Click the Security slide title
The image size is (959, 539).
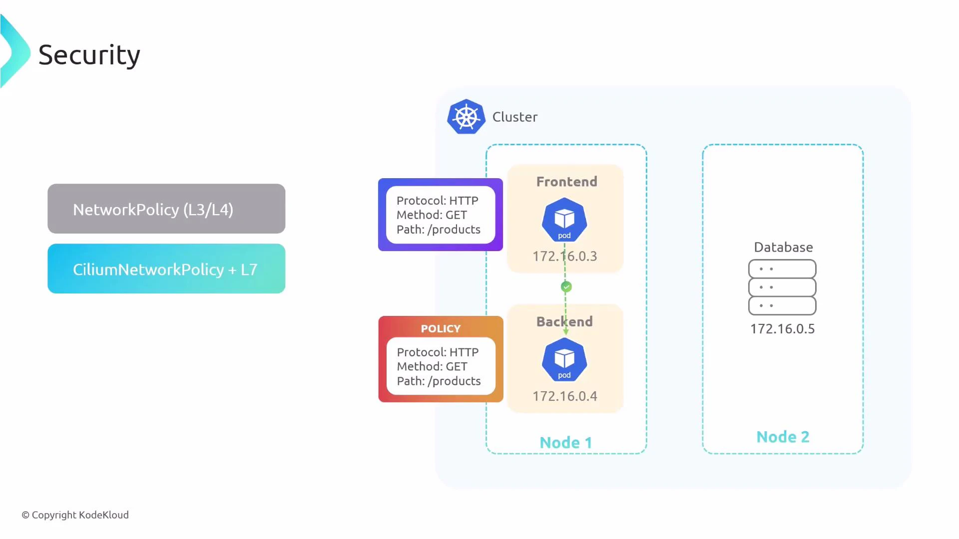(89, 55)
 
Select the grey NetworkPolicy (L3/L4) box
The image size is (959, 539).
(166, 209)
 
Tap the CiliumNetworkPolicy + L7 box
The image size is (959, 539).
(166, 269)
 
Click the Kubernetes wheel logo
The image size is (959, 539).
(466, 117)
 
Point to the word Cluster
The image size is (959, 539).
(515, 117)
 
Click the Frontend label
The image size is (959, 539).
(566, 182)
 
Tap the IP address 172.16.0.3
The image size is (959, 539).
(564, 256)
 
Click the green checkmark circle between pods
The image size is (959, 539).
(566, 286)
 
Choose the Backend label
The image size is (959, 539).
(564, 321)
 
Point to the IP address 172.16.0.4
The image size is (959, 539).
(564, 396)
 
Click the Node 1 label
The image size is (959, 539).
(566, 442)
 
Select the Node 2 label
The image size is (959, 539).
(783, 437)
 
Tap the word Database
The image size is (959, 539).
(783, 247)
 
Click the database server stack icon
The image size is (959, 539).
(782, 287)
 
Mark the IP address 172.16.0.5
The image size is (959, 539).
(782, 328)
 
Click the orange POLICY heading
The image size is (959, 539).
(441, 328)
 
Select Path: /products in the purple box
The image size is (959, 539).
(439, 230)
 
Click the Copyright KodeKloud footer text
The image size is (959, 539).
(75, 515)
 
